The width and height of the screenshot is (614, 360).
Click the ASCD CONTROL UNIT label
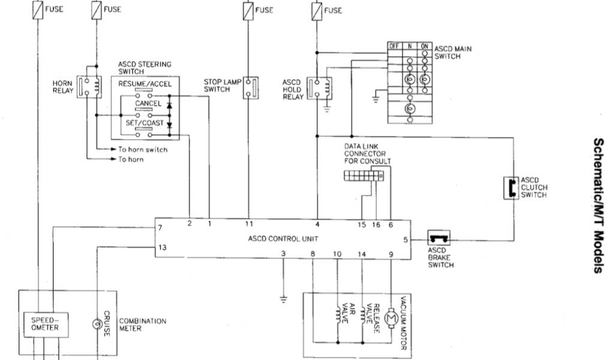pyautogui.click(x=284, y=238)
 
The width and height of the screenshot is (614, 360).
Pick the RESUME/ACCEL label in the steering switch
pyautogui.click(x=145, y=84)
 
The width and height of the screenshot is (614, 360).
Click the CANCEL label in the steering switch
pyautogui.click(x=148, y=104)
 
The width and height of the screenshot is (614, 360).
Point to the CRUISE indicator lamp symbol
pyautogui.click(x=95, y=324)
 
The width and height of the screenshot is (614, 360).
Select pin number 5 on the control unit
pyautogui.click(x=405, y=239)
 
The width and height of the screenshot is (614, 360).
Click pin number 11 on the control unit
pyautogui.click(x=249, y=224)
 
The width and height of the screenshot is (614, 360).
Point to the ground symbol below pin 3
pyautogui.click(x=283, y=296)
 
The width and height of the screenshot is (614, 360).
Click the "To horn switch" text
pyautogui.click(x=142, y=149)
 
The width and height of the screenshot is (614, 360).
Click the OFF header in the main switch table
pyautogui.click(x=394, y=46)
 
